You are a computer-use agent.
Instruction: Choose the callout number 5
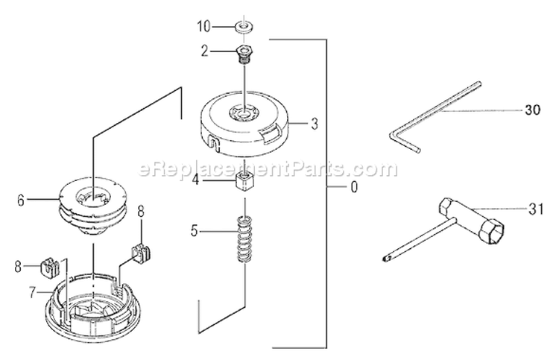coord(195,231)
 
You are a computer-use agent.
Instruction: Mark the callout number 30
coord(532,110)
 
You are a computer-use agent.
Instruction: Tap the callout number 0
coord(353,187)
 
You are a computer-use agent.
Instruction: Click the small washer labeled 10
coord(243,28)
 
